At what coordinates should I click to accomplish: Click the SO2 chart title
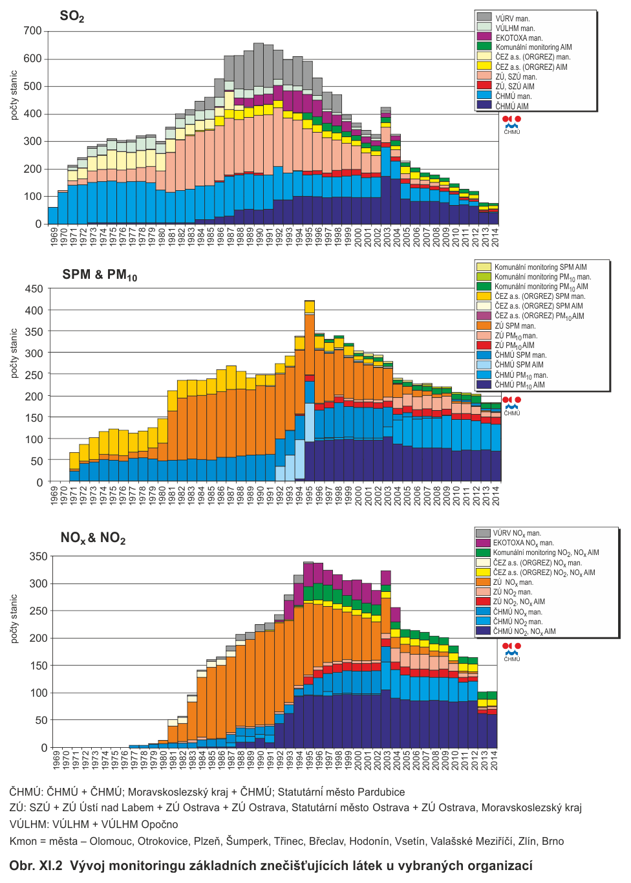pyautogui.click(x=72, y=16)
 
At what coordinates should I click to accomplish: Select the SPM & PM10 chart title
pyautogui.click(x=100, y=275)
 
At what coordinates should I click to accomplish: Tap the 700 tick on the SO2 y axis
pyautogui.click(x=32, y=31)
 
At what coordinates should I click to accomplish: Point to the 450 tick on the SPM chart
pyautogui.click(x=34, y=289)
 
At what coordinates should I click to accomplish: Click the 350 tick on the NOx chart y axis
pyautogui.click(x=38, y=556)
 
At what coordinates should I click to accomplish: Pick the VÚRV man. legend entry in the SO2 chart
pyautogui.click(x=512, y=19)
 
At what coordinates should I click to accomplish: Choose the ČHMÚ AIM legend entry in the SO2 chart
pyautogui.click(x=511, y=106)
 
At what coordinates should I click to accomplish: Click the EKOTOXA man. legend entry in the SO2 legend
pyautogui.click(x=519, y=38)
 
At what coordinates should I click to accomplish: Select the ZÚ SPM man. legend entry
pyautogui.click(x=515, y=326)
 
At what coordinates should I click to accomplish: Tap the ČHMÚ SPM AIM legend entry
pyautogui.click(x=519, y=365)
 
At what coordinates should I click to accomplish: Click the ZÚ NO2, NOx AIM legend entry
pyautogui.click(x=519, y=602)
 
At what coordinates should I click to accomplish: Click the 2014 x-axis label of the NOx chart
pyautogui.click(x=495, y=759)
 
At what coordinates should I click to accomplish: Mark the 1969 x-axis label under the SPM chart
pyautogui.click(x=54, y=495)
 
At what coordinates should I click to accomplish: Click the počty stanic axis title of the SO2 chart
pyautogui.click(x=14, y=95)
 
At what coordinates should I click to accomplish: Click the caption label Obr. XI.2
pyautogui.click(x=36, y=866)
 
